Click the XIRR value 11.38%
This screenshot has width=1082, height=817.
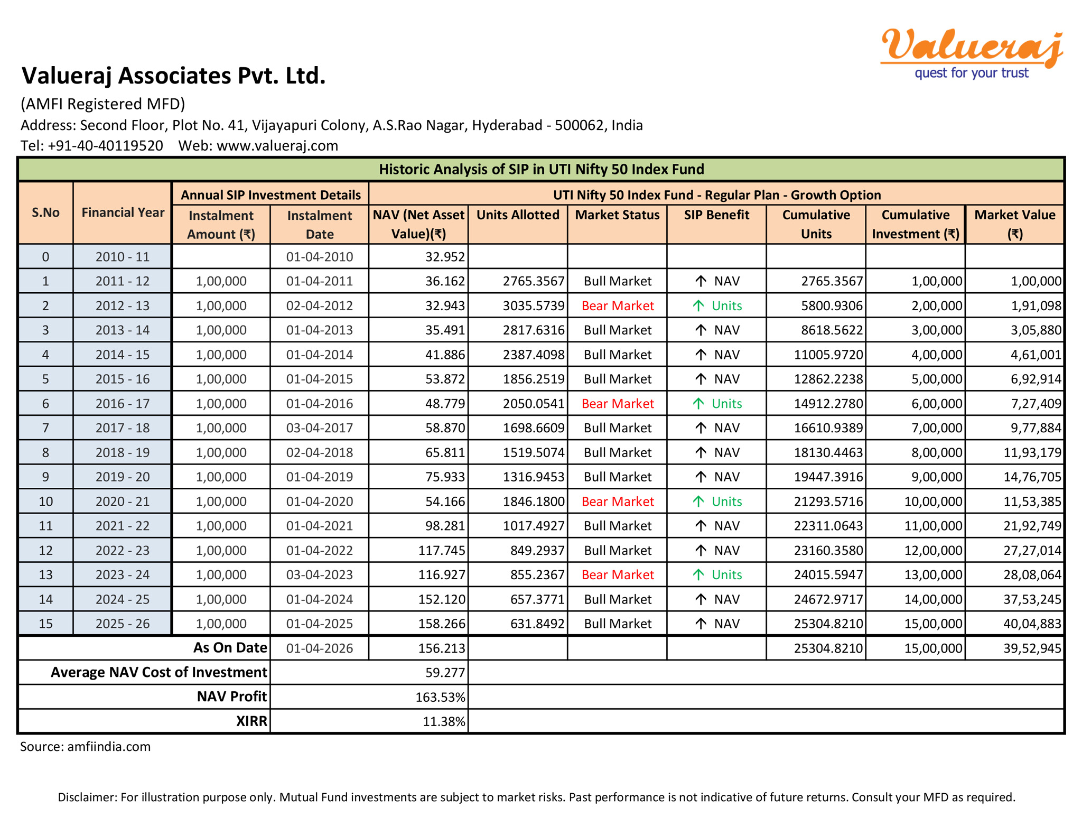(444, 721)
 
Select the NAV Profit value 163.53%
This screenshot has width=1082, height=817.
(440, 697)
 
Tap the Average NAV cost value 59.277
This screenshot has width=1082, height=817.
(445, 672)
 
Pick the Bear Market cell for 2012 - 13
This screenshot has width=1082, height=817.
(617, 305)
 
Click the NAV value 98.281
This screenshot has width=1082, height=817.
(445, 526)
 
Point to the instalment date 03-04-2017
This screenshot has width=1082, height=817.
(319, 428)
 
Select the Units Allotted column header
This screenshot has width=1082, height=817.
(517, 215)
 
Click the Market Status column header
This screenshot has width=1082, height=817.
(617, 215)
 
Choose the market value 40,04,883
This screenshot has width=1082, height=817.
(1032, 624)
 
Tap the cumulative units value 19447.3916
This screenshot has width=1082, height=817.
(828, 477)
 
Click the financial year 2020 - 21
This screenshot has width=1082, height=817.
(123, 502)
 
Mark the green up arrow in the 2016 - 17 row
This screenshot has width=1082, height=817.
(698, 404)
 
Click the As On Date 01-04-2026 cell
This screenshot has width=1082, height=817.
(319, 648)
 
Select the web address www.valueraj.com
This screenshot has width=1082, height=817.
(277, 145)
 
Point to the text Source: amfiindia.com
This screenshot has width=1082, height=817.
(85, 747)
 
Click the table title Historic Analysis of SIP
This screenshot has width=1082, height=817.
(541, 169)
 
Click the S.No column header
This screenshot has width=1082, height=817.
(45, 212)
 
